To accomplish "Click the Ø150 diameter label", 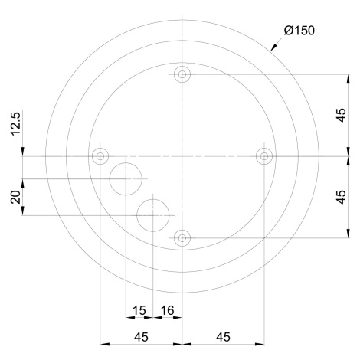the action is [x=299, y=31].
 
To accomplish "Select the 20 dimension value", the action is [x=15, y=197].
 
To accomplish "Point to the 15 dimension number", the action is [x=139, y=310].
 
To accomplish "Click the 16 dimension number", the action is [x=167, y=310].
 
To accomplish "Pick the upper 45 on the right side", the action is [x=341, y=115].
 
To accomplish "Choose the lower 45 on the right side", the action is [x=341, y=197].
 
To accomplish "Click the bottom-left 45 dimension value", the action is [x=141, y=337].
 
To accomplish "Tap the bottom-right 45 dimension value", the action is [x=223, y=337].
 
